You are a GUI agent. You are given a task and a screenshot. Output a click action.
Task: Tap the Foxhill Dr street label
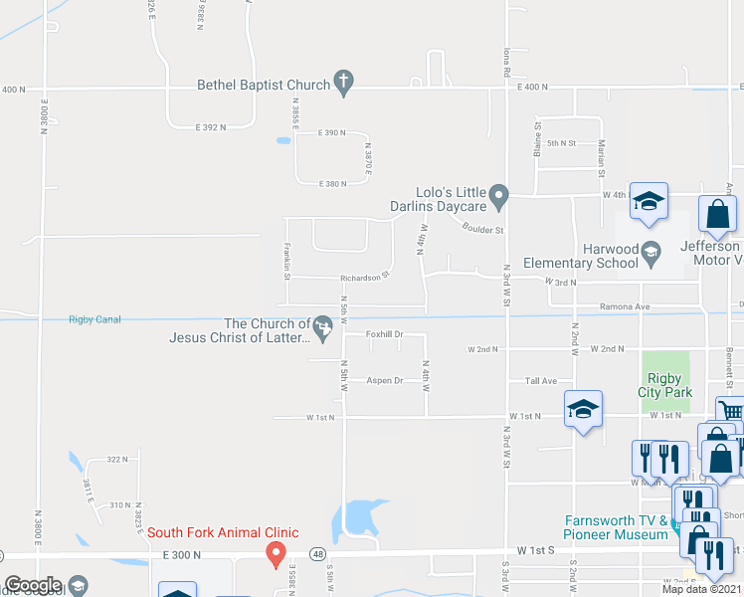[384, 334]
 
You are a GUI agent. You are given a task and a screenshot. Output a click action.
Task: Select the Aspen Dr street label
[384, 380]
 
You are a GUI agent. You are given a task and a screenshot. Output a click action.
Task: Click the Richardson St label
[363, 278]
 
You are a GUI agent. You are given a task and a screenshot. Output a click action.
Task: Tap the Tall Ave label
[541, 381]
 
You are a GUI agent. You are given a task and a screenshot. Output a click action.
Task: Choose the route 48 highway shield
[317, 552]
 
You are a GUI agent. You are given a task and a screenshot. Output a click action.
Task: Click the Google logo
[33, 586]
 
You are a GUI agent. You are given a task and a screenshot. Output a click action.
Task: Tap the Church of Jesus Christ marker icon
[322, 325]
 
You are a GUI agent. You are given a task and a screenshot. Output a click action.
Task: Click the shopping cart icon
[731, 410]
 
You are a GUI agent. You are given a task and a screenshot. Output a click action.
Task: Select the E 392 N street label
[211, 127]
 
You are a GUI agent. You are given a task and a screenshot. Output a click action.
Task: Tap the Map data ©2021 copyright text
[702, 589]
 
